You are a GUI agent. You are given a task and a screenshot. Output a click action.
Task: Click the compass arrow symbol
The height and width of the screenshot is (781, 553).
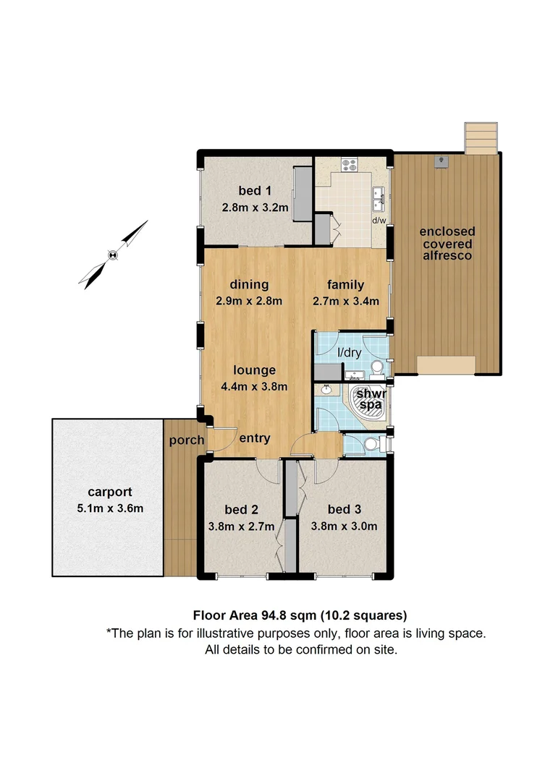coord(113,254)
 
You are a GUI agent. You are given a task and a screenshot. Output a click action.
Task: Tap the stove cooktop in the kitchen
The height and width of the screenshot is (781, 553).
coord(348,165)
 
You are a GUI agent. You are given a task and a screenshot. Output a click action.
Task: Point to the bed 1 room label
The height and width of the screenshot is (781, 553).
coord(255,191)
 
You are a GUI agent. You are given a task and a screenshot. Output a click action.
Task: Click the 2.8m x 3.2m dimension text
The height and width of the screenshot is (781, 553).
coord(255,208)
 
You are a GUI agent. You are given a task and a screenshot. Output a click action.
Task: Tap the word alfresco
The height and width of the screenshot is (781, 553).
coord(448,255)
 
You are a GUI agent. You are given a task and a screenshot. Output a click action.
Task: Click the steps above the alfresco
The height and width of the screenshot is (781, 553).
coord(481,137)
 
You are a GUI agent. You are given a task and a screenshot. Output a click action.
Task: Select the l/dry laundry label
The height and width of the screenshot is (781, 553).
coord(350,353)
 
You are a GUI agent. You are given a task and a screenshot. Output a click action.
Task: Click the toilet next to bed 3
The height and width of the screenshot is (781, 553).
coord(372,444)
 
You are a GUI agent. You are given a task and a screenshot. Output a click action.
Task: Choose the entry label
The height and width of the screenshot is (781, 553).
coord(254,438)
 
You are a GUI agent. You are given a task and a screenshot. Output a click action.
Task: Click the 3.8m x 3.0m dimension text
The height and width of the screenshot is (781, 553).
coord(344,526)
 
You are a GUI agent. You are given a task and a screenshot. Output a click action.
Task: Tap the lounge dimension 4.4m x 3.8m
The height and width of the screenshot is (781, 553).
coord(249,387)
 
